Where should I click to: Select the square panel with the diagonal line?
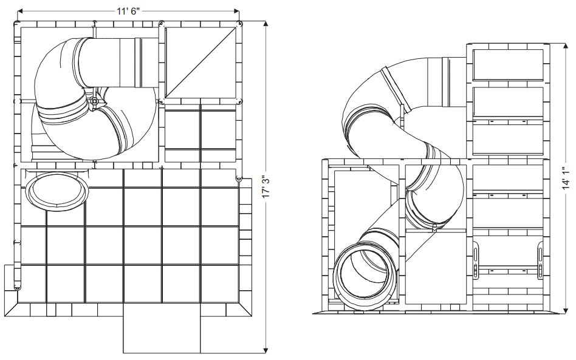point(201,61)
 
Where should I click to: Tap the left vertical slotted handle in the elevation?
point(475,262)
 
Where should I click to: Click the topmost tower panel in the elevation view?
point(508,64)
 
